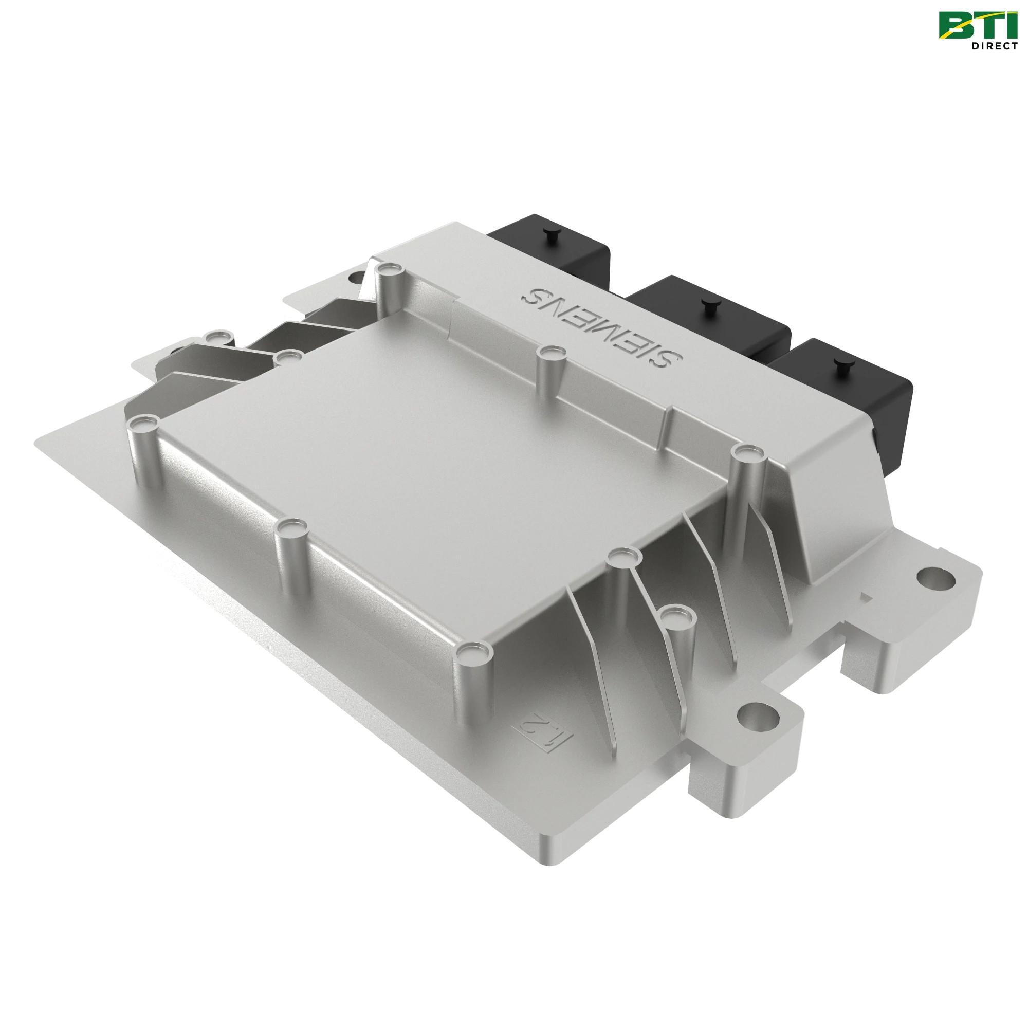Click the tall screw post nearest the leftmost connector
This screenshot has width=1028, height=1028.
[388, 271]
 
